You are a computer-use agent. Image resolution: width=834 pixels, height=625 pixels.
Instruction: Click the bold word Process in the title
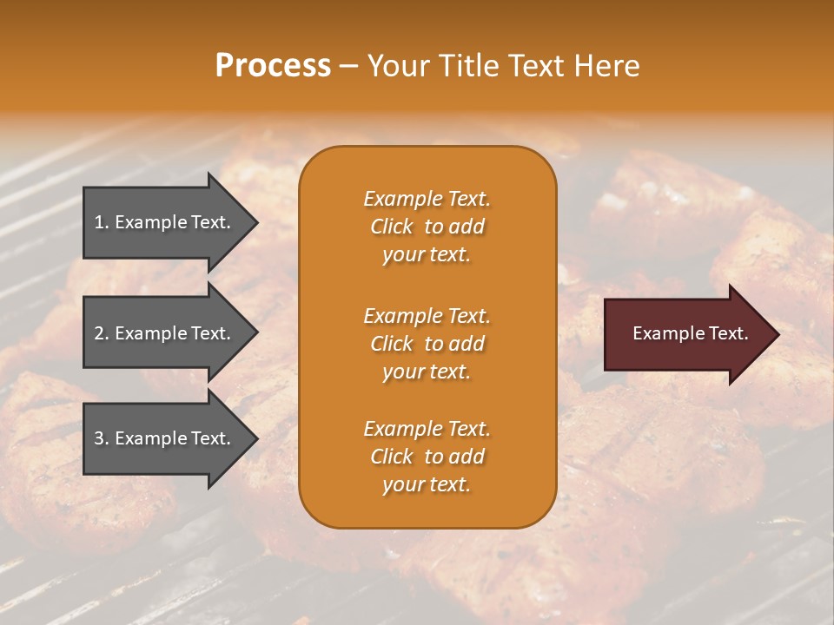pos(273,66)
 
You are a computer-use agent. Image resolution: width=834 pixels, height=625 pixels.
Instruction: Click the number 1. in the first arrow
pos(102,222)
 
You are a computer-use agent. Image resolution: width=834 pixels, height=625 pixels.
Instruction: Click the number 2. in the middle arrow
pos(102,333)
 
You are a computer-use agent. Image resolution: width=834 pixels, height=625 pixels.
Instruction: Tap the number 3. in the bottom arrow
pos(102,438)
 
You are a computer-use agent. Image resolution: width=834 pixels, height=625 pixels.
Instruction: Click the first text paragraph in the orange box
pos(427,227)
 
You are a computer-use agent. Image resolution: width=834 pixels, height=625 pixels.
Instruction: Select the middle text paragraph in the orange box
pos(427,344)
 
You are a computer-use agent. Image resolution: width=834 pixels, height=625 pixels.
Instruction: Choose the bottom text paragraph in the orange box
pos(427,457)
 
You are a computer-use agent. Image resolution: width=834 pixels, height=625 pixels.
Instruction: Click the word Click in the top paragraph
pos(391,227)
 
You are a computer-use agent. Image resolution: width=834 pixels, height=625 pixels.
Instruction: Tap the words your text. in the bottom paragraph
pos(427,484)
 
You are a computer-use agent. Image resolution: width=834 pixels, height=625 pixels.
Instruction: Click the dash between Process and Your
pos(348,67)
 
